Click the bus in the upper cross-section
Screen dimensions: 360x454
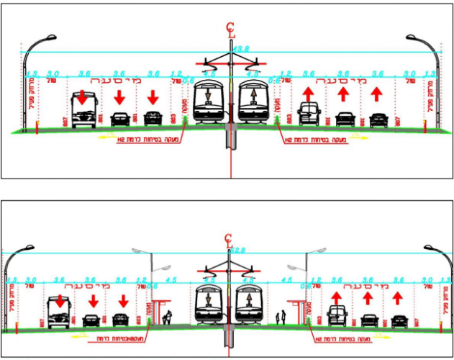pyautogui.click(x=83, y=109)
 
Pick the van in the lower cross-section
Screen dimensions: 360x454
pyautogui.click(x=337, y=315)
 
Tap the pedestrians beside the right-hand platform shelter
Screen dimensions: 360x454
pyautogui.click(x=283, y=316)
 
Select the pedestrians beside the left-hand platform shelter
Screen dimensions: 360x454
pyautogui.click(x=168, y=316)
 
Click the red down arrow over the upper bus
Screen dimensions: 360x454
pyautogui.click(x=83, y=96)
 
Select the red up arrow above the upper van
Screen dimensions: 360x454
pyautogui.click(x=309, y=94)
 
